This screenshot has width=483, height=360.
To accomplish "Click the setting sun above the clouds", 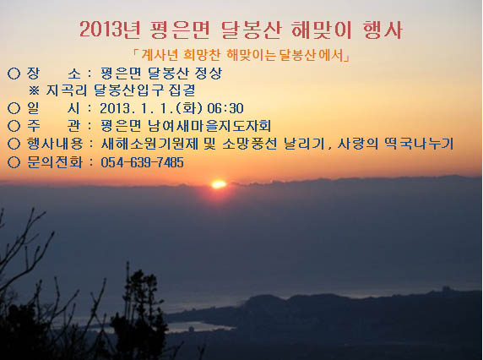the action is (219, 184).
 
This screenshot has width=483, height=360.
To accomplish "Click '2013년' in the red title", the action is (110, 30).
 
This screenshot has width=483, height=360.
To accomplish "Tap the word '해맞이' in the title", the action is (321, 30).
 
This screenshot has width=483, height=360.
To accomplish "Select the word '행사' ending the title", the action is (383, 30).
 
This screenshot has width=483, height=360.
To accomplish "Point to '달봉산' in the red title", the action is (251, 30).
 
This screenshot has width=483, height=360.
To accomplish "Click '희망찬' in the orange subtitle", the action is (202, 56).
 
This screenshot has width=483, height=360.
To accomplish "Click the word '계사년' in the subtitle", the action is (160, 56).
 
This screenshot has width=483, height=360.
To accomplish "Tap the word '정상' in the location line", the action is (209, 73).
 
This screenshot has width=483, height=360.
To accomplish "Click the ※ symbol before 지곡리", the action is (34, 90).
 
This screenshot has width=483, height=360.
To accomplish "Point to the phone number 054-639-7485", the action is (143, 162).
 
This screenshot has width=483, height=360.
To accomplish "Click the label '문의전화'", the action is (55, 162).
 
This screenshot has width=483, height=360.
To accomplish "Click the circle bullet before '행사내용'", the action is (14, 144).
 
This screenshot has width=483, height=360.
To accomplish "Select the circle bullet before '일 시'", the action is (14, 108).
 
